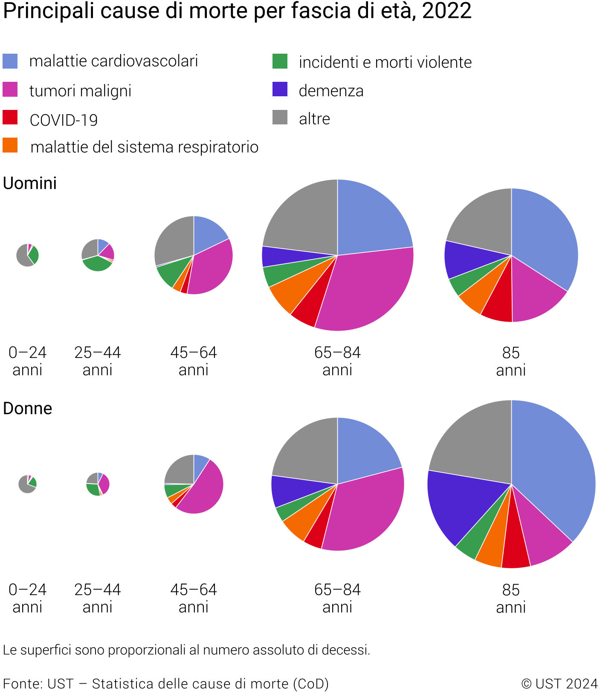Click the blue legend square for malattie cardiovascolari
tap(10, 61)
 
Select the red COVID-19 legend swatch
tap(10, 118)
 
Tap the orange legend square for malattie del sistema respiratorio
tap(10, 145)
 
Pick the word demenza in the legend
tap(331, 91)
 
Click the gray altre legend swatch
tap(280, 117)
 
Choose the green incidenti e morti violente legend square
tap(280, 61)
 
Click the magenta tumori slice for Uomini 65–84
tap(367, 290)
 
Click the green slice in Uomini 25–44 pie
tap(97, 264)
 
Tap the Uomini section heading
tap(30, 184)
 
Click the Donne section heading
tap(28, 409)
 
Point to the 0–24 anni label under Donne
tap(27, 598)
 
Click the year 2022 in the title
tap(446, 11)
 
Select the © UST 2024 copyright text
tap(559, 684)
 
